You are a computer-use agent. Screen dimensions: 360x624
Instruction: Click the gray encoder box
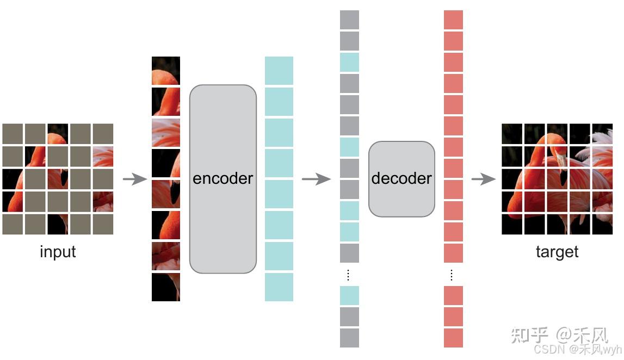tap(223, 179)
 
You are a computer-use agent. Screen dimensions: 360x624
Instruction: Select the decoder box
tap(401, 179)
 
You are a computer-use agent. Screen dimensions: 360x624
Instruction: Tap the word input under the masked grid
tap(58, 252)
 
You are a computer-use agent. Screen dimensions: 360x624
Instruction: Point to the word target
tap(557, 252)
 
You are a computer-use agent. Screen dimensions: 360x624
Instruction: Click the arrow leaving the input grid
tap(134, 179)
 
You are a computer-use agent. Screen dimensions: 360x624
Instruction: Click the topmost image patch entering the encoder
tap(166, 71)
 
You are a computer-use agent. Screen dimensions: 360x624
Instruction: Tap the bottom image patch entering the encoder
tap(166, 287)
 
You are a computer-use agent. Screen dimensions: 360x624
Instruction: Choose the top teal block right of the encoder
tap(279, 71)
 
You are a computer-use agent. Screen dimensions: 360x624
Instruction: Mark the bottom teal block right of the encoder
tap(279, 287)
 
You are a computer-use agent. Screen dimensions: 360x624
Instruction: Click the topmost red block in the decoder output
tap(453, 20)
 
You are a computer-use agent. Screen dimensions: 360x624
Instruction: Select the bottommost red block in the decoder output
tap(453, 338)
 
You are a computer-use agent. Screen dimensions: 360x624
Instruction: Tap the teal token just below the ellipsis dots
tap(349, 295)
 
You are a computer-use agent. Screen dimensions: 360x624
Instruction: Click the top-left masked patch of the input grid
tap(13, 134)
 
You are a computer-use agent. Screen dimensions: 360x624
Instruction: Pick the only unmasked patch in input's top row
tap(58, 134)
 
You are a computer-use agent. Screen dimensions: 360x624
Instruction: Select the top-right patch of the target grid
tap(602, 134)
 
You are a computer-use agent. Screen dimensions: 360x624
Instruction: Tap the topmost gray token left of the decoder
tap(349, 20)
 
